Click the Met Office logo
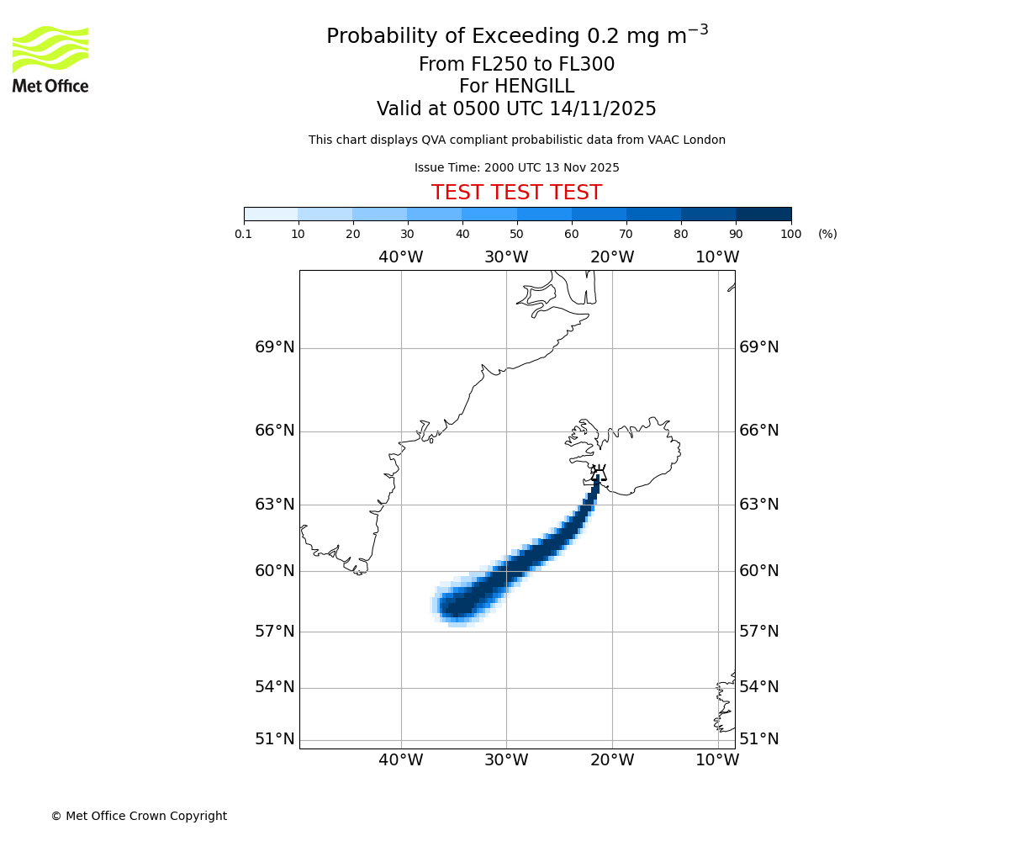pyautogui.click(x=50, y=59)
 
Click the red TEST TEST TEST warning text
pyautogui.click(x=516, y=193)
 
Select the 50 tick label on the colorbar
pyautogui.click(x=516, y=235)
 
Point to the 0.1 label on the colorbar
pyautogui.click(x=243, y=235)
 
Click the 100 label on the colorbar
pyautogui.click(x=790, y=235)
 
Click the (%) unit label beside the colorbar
pyautogui.click(x=827, y=235)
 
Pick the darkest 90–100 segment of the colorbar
pyautogui.click(x=763, y=214)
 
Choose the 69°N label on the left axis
pyautogui.click(x=275, y=347)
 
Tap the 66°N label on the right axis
pyautogui.click(x=758, y=431)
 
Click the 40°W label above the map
pyautogui.click(x=400, y=257)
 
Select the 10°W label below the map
pyautogui.click(x=717, y=760)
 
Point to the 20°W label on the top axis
pyautogui.click(x=611, y=257)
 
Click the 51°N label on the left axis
pyautogui.click(x=275, y=739)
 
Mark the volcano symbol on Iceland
pyautogui.click(x=598, y=472)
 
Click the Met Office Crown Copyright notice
pyautogui.click(x=139, y=816)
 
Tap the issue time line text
pyautogui.click(x=516, y=168)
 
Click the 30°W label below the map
pyautogui.click(x=505, y=760)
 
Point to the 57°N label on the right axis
pyautogui.click(x=758, y=632)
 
